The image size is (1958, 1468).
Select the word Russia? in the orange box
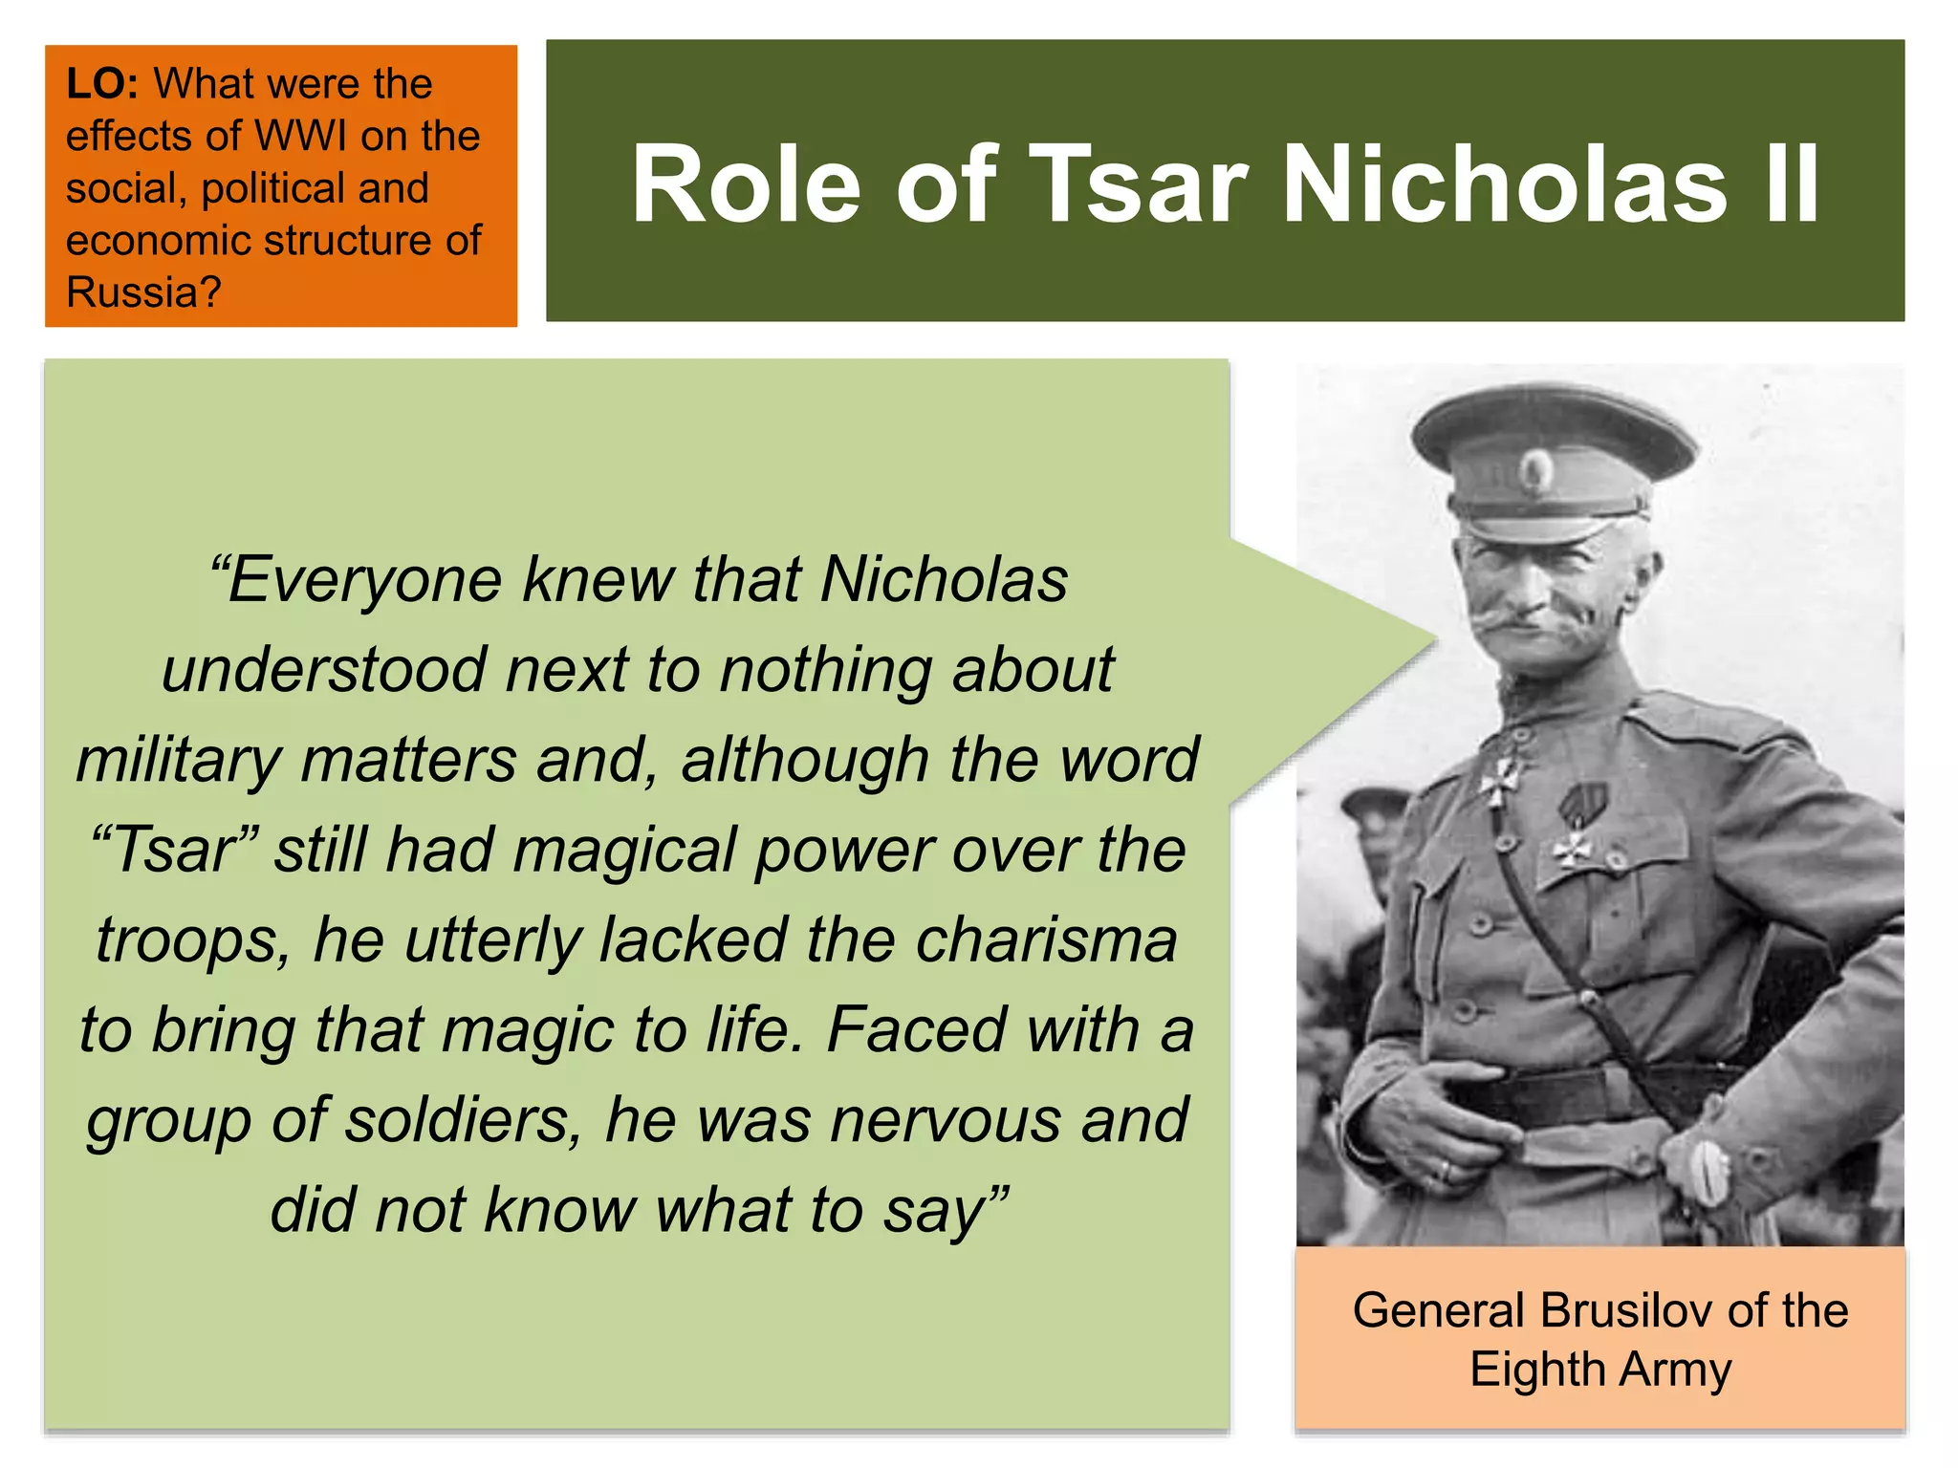point(143,292)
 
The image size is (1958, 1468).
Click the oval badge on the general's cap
point(1536,469)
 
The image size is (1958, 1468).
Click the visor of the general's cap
point(1539,527)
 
